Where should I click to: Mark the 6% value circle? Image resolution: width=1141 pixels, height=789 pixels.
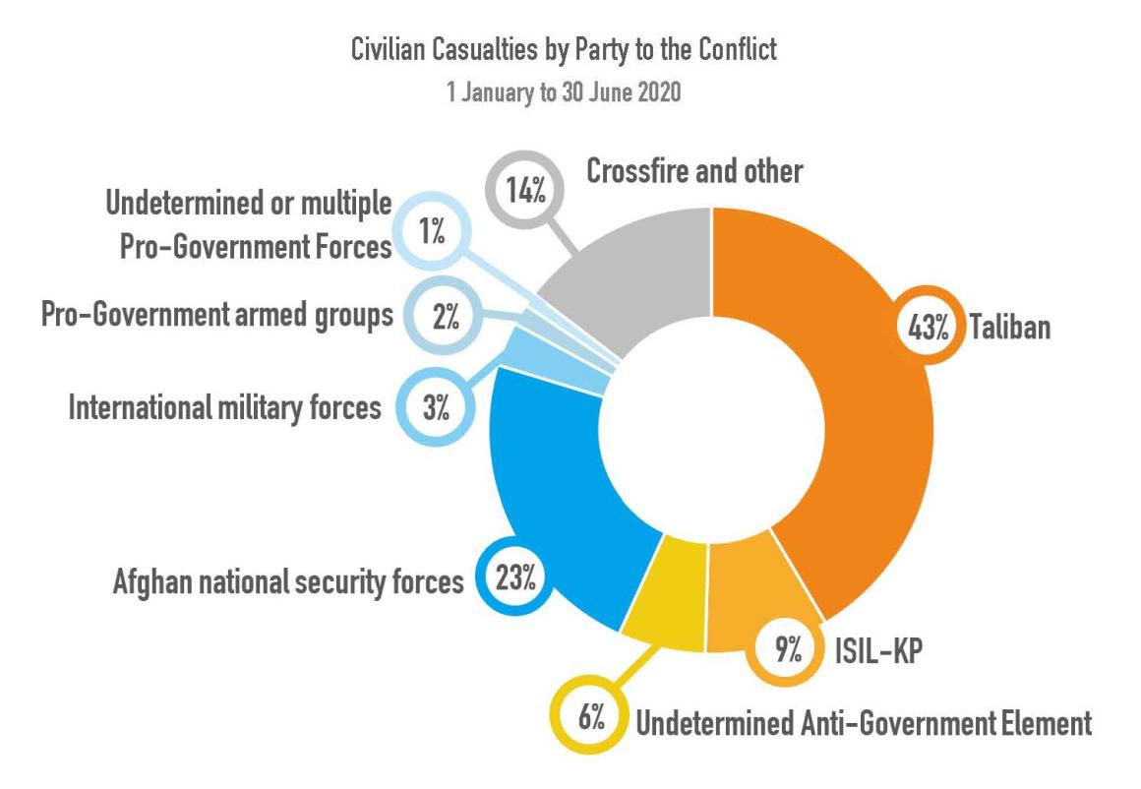590,715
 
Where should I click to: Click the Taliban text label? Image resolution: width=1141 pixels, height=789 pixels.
1010,328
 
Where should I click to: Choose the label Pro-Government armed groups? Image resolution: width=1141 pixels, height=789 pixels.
217,316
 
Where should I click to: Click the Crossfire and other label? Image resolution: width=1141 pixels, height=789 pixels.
694,172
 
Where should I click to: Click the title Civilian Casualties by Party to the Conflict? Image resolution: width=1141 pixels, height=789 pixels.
564,51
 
